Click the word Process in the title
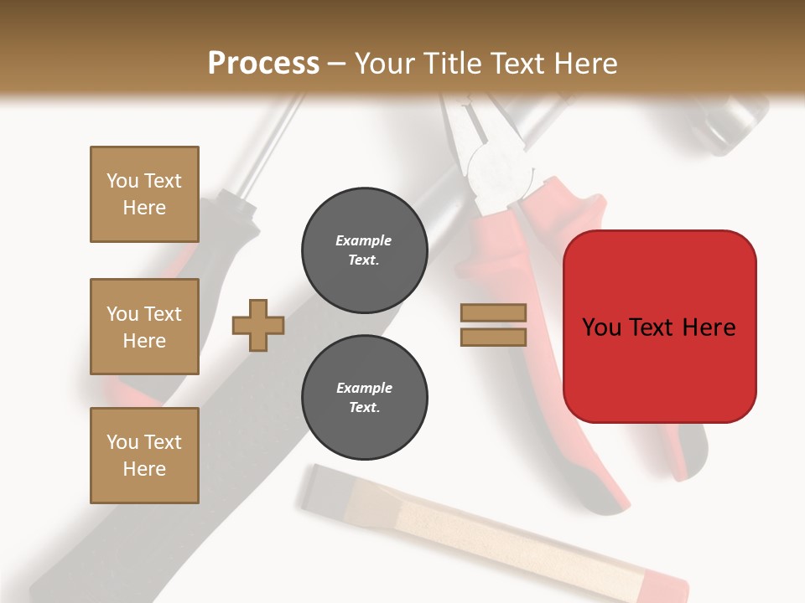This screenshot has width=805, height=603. (263, 64)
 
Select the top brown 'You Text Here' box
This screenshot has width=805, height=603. (144, 194)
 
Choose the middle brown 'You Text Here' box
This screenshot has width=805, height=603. (144, 327)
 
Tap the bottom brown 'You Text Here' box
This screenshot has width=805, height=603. (144, 456)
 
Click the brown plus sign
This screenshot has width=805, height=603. (258, 325)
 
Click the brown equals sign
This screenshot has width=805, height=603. (493, 325)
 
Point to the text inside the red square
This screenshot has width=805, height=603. (659, 327)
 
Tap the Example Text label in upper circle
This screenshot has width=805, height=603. (364, 250)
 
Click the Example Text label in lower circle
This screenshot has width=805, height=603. (364, 398)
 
